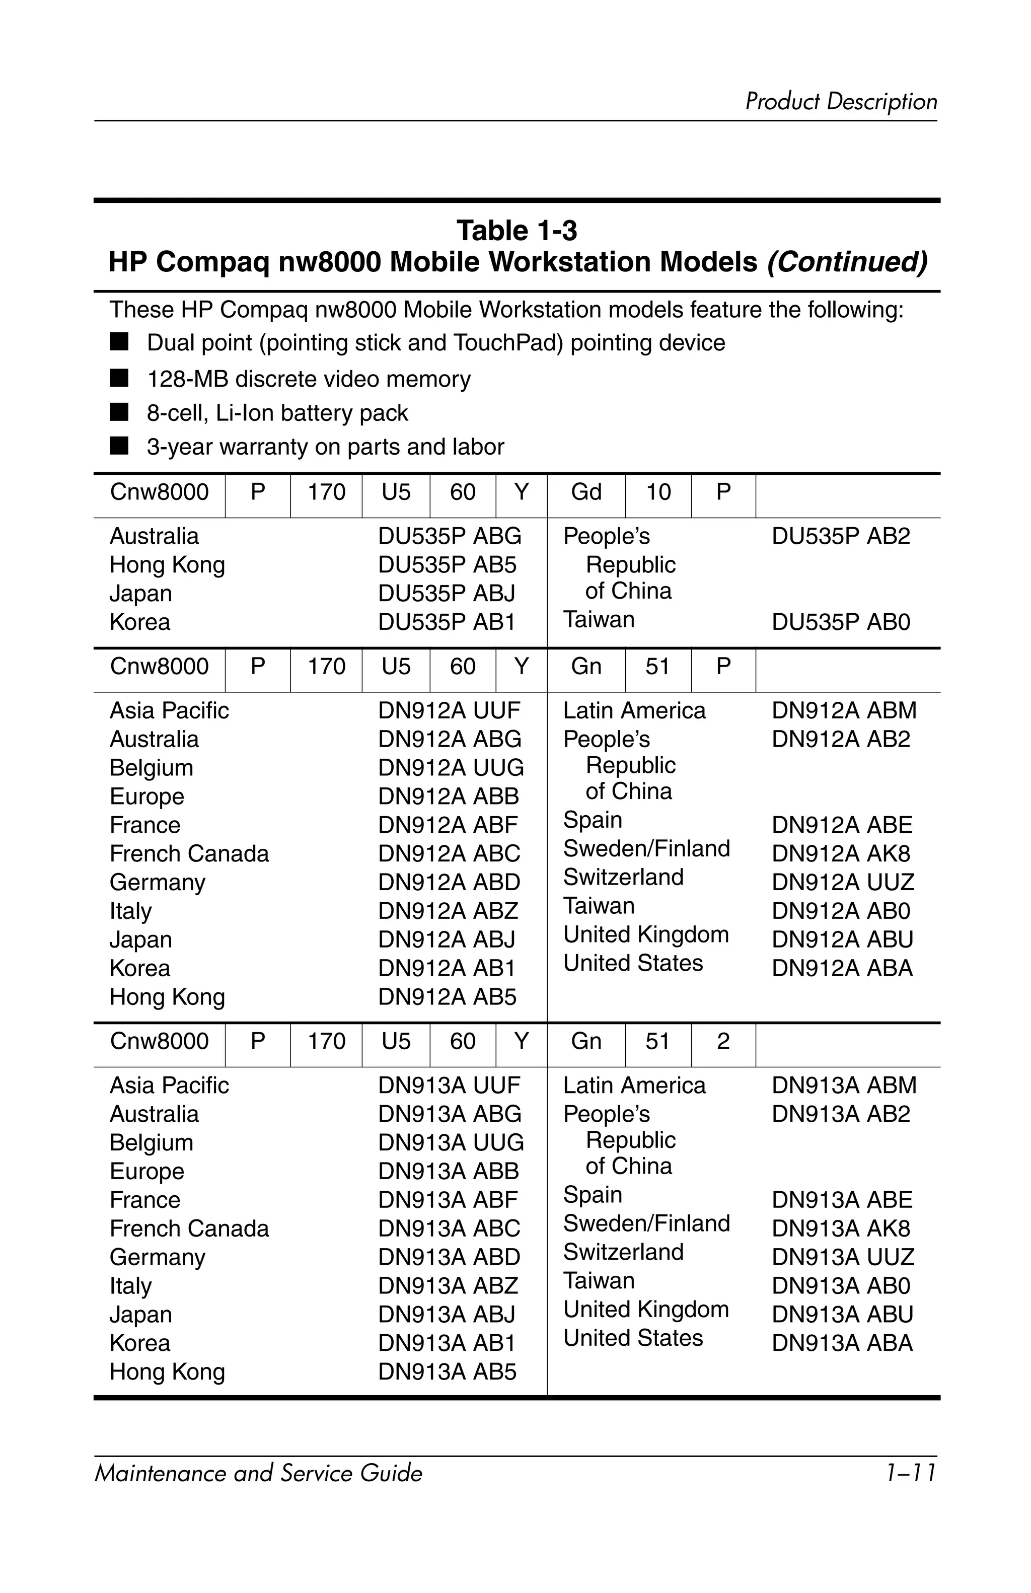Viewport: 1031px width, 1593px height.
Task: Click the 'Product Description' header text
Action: (x=840, y=102)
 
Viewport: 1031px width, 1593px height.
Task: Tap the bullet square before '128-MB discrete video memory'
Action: (x=119, y=378)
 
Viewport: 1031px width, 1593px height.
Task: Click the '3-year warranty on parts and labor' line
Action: (x=325, y=447)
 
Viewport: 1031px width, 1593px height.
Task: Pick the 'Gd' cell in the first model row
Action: (x=586, y=492)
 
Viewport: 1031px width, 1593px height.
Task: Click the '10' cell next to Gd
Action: (x=657, y=492)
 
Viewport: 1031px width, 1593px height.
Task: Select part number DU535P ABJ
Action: (x=446, y=593)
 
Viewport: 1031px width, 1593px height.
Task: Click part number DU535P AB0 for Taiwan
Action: (x=840, y=622)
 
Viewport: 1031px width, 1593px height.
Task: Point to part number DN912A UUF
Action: (x=449, y=710)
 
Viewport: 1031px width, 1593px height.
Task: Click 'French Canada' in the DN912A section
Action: (x=189, y=853)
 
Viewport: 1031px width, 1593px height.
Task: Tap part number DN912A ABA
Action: (x=842, y=968)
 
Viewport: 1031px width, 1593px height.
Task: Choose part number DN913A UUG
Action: (x=450, y=1142)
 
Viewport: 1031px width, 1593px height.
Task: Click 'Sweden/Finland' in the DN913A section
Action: (x=646, y=1223)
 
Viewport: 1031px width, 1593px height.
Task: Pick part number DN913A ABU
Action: (x=842, y=1314)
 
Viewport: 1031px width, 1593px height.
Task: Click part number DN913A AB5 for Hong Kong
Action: (x=447, y=1371)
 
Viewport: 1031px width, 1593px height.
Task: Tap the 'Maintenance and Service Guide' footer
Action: (x=258, y=1473)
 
